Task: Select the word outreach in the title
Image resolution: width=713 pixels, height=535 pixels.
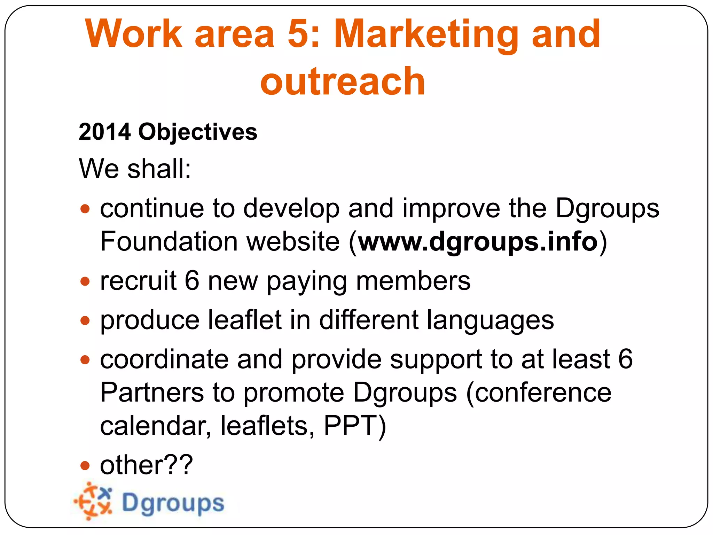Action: pyautogui.click(x=343, y=82)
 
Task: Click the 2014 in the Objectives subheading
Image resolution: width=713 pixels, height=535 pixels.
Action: pyautogui.click(x=105, y=132)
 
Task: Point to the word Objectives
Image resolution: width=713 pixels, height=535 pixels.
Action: pyautogui.click(x=198, y=133)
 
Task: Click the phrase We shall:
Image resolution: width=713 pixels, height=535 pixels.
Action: pyautogui.click(x=135, y=169)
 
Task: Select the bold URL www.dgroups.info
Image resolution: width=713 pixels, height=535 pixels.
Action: pyautogui.click(x=478, y=242)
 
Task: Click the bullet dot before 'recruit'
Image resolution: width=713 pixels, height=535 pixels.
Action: pyautogui.click(x=85, y=281)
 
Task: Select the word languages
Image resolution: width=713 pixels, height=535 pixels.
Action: pyautogui.click(x=490, y=321)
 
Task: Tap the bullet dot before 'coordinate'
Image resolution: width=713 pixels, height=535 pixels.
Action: pyautogui.click(x=85, y=359)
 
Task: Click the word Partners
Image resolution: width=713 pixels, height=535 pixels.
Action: pyautogui.click(x=152, y=393)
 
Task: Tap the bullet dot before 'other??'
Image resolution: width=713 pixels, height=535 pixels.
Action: pyautogui.click(x=85, y=465)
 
